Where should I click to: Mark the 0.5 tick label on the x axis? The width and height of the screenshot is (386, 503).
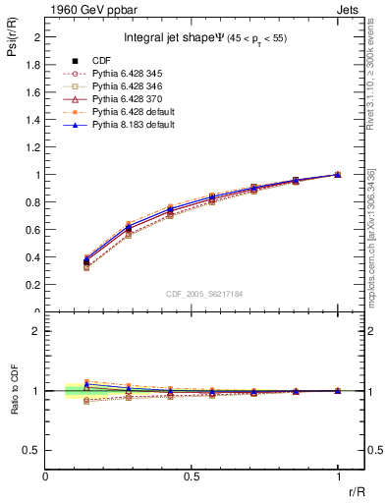click(192, 476)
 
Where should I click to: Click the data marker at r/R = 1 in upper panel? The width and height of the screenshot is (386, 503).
click(338, 175)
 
